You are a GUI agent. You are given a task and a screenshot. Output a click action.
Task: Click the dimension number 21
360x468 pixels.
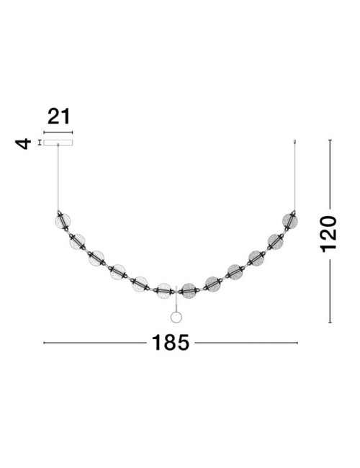58,117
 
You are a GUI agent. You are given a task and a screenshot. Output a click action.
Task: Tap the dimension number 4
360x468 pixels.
23,143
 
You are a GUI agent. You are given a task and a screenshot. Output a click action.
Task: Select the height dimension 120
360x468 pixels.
328,233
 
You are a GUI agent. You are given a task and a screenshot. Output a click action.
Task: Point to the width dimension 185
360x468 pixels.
171,342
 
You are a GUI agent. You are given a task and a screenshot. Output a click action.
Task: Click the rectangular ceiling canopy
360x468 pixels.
58,143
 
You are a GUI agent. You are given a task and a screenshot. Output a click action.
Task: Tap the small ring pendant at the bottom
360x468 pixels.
176,317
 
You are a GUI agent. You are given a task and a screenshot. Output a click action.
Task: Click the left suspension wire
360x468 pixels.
58,178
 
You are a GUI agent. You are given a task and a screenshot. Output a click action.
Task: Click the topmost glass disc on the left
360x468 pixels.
63,221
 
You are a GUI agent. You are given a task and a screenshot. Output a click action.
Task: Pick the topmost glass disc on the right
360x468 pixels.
290,221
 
